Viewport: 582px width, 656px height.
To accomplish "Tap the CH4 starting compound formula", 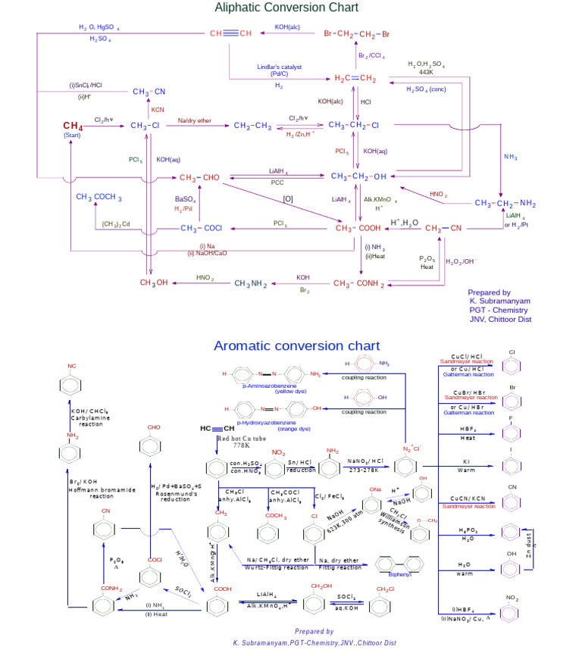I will (x=73, y=126).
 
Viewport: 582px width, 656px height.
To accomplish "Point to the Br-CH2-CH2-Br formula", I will (x=357, y=34).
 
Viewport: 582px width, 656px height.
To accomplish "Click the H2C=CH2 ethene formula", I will (x=355, y=78).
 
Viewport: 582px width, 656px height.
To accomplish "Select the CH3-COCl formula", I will (x=200, y=228).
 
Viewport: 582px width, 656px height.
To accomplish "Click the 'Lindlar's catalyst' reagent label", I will (x=279, y=67).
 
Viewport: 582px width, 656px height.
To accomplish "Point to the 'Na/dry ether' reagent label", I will (x=195, y=120).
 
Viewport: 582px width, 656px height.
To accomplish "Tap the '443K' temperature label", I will (x=426, y=72).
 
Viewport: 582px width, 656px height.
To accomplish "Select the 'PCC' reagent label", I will (x=278, y=183).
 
